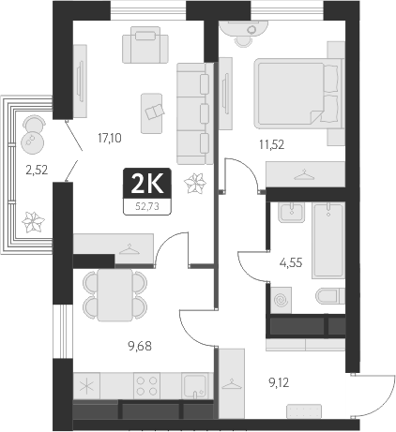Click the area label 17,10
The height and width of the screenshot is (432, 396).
tap(110, 137)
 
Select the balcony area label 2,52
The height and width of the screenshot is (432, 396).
tap(36, 171)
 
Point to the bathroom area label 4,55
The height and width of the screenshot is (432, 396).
tap(292, 263)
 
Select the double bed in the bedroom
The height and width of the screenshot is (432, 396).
tap(296, 97)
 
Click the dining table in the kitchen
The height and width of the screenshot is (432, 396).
tap(116, 294)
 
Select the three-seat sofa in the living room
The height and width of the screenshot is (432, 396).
tap(196, 110)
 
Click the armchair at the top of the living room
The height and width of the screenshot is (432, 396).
tap(145, 44)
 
